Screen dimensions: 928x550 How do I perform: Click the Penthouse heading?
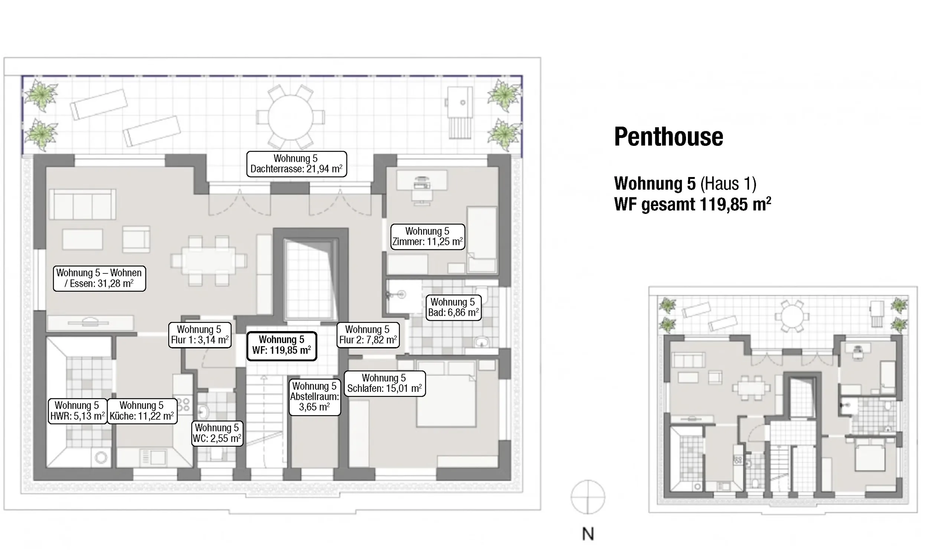pos(669,137)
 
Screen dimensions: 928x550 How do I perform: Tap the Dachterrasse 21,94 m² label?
pos(297,164)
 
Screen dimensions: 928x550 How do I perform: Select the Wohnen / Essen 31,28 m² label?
pos(99,278)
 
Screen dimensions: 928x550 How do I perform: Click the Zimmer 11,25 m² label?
pos(428,237)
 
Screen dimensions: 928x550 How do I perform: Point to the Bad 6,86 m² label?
pos(453,308)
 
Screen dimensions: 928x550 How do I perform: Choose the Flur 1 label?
pos(200,335)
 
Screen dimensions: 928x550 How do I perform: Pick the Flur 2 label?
pos(368,335)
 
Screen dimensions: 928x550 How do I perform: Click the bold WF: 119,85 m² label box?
pos(282,346)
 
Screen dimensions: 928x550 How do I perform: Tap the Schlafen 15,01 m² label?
pos(385,384)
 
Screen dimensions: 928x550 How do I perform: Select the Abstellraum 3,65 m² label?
pos(315,397)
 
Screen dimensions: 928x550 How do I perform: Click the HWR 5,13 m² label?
pos(78,411)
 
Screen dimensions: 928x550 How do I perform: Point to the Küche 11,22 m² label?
pos(142,411)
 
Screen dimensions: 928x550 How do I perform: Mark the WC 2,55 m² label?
pos(217,433)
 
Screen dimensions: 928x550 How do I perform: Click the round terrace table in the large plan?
pos(291,117)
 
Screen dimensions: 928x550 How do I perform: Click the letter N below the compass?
pos(588,534)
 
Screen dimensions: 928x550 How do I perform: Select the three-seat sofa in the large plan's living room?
pos(83,204)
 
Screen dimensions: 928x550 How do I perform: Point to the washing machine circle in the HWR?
pos(101,458)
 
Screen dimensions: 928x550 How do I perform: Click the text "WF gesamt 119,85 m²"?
pos(693,204)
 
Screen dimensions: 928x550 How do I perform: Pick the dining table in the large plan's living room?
pos(209,261)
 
